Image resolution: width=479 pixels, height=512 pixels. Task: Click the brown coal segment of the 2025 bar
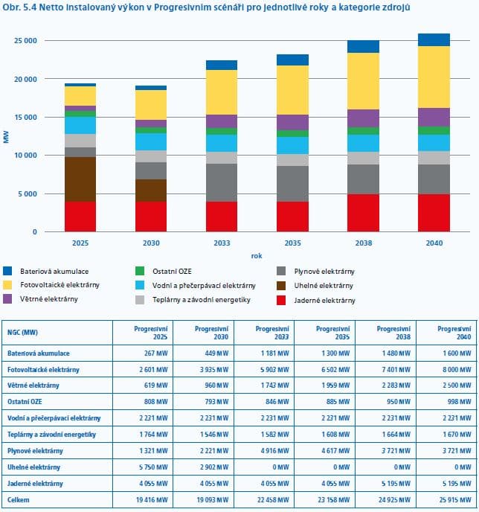pos(80,179)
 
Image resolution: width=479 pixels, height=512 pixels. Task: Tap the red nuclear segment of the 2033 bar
pos(222,217)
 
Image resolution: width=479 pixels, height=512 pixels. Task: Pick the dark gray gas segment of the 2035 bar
pos(292,184)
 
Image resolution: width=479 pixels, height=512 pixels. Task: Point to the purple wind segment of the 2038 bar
pos(364,118)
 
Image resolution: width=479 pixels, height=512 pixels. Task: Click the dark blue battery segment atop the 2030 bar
pos(151,88)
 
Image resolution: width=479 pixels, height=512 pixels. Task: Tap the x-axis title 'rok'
pos(257,255)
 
